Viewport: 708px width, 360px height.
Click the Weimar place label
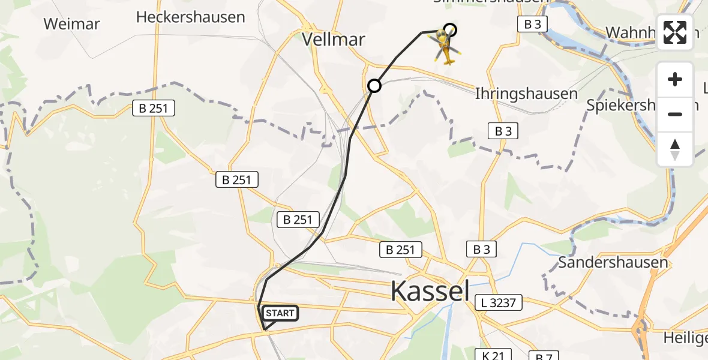click(72, 24)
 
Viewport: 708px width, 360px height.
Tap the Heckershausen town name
click(190, 17)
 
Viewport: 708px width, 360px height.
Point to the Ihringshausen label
click(526, 94)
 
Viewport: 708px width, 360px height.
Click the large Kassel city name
click(430, 291)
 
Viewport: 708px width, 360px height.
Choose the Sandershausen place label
click(613, 262)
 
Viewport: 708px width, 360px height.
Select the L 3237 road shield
click(498, 302)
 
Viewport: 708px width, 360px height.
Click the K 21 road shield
click(493, 355)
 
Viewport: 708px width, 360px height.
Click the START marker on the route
click(280, 313)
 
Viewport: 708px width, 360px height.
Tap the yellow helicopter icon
click(444, 47)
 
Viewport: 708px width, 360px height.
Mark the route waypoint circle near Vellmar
click(374, 86)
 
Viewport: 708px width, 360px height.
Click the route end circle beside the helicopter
click(450, 30)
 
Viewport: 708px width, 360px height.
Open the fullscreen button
click(675, 32)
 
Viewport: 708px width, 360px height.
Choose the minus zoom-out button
click(675, 114)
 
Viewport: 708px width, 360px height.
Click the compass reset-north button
click(675, 149)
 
